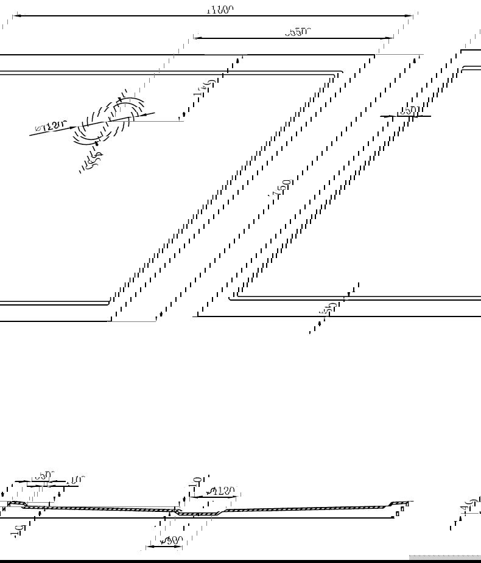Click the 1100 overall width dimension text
(220, 9)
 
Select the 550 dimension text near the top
(298, 32)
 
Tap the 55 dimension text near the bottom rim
(329, 309)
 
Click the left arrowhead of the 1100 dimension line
(16, 16)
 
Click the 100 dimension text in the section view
(75, 480)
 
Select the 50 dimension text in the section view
(43, 475)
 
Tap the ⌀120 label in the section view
(221, 491)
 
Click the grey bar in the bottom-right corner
(444, 556)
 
